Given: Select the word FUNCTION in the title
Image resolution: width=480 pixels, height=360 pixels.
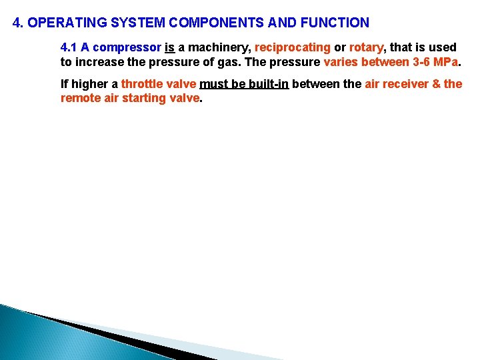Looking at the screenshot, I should [335, 23].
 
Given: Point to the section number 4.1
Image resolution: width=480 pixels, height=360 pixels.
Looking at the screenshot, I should [69, 47].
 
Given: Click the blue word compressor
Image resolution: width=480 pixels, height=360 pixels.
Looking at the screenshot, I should [127, 48].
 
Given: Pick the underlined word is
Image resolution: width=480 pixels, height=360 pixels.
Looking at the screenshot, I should [169, 47].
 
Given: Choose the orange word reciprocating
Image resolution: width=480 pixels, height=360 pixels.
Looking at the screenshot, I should [293, 48].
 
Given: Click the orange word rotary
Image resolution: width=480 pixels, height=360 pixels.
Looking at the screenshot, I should [367, 48].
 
